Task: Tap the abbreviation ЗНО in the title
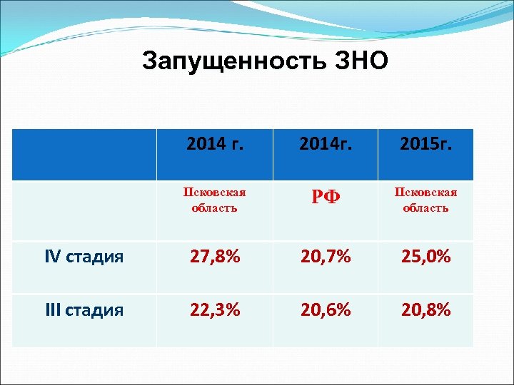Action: click(361, 61)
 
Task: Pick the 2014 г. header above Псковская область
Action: click(215, 146)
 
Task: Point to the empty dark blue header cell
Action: click(84, 154)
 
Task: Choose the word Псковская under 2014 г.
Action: click(215, 192)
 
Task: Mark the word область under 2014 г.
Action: click(215, 208)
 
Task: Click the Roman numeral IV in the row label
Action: click(54, 257)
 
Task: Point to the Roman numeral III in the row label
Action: click(54, 310)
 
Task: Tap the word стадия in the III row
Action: click(95, 310)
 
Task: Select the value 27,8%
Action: click(215, 257)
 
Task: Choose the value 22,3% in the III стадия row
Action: click(215, 309)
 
